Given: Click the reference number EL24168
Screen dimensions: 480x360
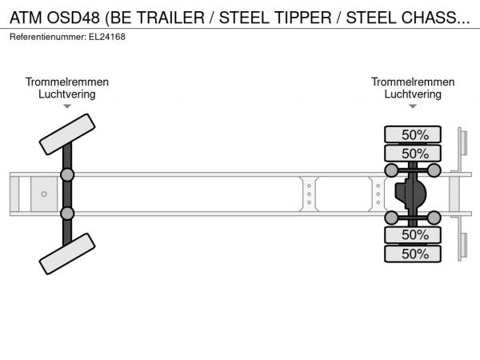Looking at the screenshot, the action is click(x=107, y=37).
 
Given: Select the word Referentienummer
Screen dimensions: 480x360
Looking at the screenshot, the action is click(x=48, y=37).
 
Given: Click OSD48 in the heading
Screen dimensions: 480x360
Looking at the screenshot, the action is click(x=74, y=18).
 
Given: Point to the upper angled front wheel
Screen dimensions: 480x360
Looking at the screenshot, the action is click(x=67, y=134).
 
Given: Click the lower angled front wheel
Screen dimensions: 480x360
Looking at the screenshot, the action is click(x=67, y=254).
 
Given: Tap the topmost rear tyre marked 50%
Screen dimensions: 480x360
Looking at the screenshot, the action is click(x=413, y=134).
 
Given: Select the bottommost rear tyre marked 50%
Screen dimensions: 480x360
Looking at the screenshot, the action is click(x=413, y=254).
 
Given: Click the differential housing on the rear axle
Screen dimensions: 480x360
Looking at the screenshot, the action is click(x=410, y=194).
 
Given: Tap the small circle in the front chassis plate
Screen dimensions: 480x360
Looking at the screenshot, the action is click(x=44, y=194).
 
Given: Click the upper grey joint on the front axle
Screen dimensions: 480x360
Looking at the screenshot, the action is click(x=67, y=175).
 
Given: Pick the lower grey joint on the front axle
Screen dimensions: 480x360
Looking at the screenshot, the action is click(x=67, y=214).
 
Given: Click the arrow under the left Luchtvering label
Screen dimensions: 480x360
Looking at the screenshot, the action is click(x=67, y=106).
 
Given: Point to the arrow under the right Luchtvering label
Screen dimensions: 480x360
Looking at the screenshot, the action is click(x=413, y=106).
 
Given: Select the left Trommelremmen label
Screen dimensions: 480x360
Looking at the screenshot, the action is click(x=67, y=82).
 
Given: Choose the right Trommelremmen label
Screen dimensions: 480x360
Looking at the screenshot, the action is click(x=413, y=82).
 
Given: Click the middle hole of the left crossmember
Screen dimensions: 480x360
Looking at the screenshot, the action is click(x=309, y=194).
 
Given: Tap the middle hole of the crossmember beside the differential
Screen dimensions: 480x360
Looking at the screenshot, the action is click(x=378, y=194).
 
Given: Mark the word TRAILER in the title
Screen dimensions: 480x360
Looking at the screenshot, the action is click(x=170, y=18).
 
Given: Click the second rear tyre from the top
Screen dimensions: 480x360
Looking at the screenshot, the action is click(x=413, y=153).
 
